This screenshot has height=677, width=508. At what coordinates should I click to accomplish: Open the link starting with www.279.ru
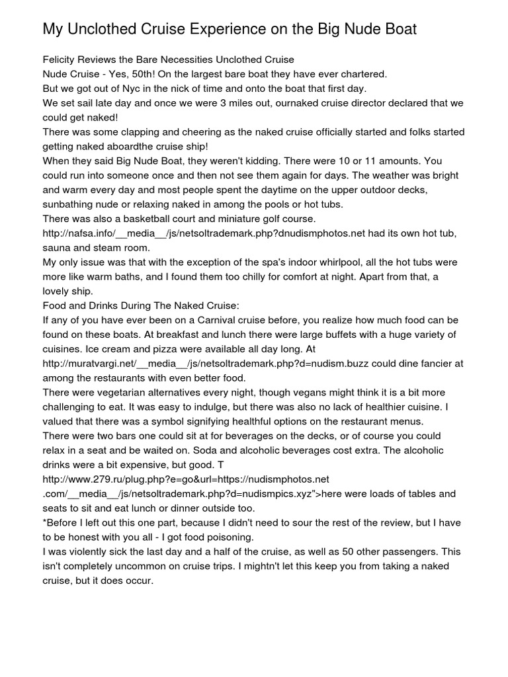[186, 479]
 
